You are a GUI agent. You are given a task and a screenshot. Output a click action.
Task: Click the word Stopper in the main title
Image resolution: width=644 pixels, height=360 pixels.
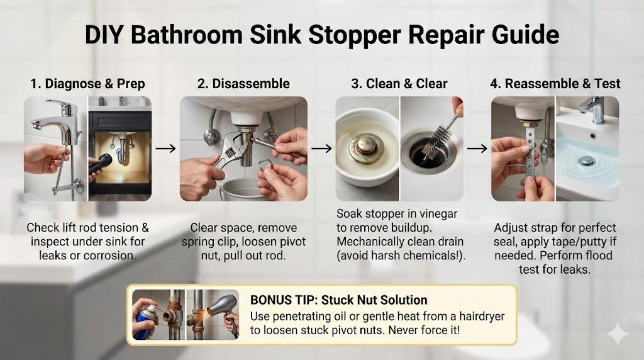coord(355,35)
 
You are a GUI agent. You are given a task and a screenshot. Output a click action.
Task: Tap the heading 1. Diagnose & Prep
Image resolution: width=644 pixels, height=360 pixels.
coord(87,84)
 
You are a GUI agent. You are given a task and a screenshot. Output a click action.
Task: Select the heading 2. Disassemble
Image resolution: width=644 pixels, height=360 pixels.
coord(243,84)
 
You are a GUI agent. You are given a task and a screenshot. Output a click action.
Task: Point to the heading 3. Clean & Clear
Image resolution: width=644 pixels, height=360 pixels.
coord(399,84)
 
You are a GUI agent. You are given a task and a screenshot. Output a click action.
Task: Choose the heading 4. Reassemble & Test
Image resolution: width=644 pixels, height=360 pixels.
coord(555,84)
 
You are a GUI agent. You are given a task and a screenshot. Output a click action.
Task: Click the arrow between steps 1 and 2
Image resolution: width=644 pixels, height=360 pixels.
coord(165,149)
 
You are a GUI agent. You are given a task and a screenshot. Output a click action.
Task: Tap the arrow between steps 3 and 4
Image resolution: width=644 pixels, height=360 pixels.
coord(477,149)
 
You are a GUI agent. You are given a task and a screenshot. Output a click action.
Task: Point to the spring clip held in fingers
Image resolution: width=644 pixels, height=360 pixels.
coord(267,166)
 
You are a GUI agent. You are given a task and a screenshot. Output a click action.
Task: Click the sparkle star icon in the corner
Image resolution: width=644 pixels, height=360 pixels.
coord(618,334)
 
